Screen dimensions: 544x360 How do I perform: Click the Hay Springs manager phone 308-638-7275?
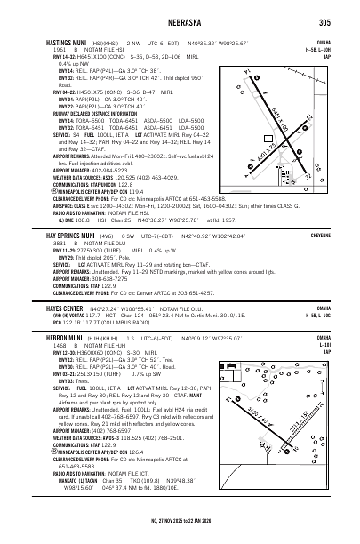point(119,277)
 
